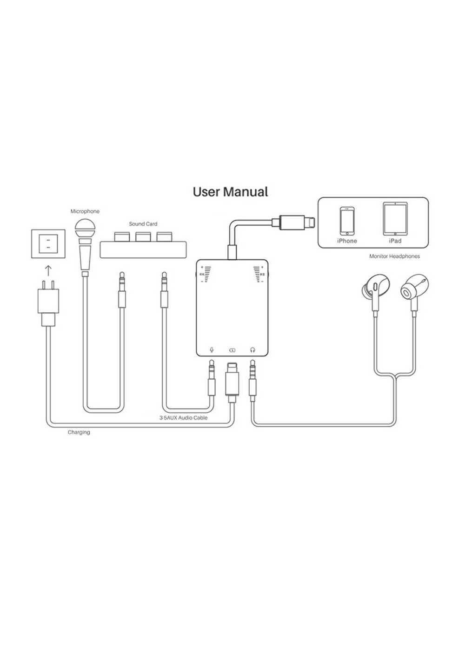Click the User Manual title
(231, 192)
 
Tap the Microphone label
(85, 211)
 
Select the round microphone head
(85, 228)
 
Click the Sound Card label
(143, 224)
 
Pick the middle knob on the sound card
(143, 236)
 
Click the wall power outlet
(48, 244)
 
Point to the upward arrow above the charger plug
(48, 271)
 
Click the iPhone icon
(347, 220)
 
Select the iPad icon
(395, 219)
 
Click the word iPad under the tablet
(395, 241)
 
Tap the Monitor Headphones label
(394, 256)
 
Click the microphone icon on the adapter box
(212, 350)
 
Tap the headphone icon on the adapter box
(252, 350)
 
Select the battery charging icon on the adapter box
(232, 350)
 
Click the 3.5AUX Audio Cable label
(184, 418)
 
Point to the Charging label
(79, 432)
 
